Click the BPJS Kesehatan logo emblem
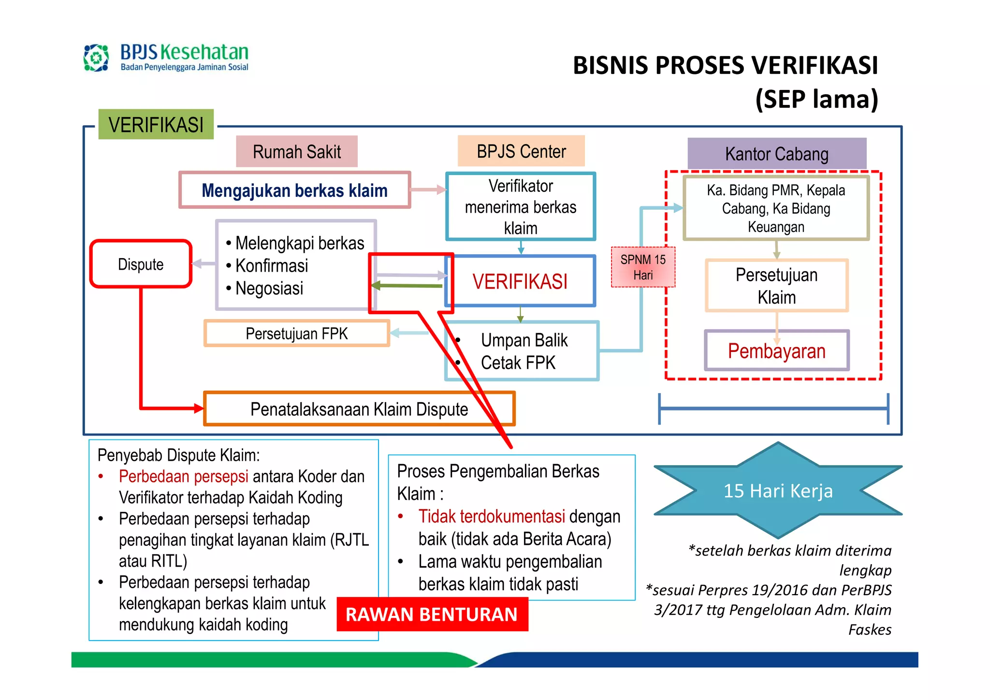coord(96,58)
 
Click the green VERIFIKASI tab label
coord(156,125)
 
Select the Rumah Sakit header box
coord(296,152)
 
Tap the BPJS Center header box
coord(521,151)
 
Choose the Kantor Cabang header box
coord(776,154)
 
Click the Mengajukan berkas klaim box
coord(294,190)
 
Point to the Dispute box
coord(141,264)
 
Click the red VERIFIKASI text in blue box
coord(520,281)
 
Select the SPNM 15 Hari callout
coord(642,267)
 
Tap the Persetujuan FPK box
coord(296,334)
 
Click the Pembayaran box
coord(776,351)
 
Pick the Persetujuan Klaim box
coord(776,286)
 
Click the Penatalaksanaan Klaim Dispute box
coord(359,409)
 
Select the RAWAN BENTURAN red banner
coord(432,614)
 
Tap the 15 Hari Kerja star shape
coord(778,491)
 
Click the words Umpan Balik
coord(524,340)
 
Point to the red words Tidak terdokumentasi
coord(492,516)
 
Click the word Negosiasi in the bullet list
coord(269,289)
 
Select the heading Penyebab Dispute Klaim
coord(178,455)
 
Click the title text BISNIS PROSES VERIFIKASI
coord(725,66)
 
